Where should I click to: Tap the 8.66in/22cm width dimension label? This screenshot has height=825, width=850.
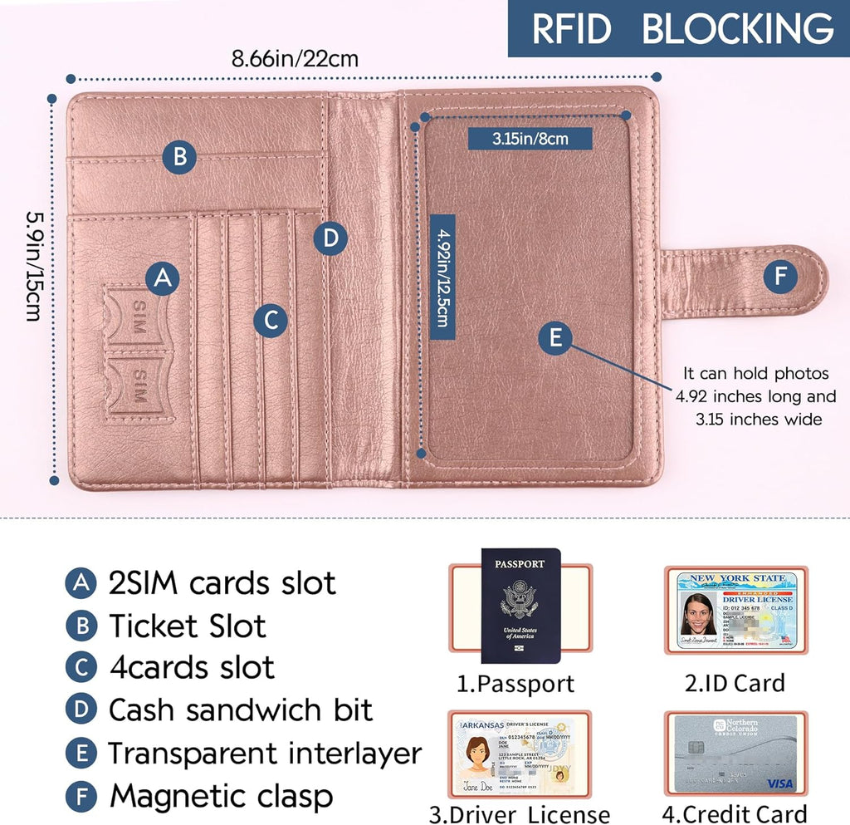(295, 59)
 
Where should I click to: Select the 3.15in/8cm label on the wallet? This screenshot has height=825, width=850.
(530, 138)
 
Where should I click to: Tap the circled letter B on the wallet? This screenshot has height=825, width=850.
(179, 156)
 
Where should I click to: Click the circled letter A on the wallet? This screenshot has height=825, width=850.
(164, 278)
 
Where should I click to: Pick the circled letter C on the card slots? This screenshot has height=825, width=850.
(271, 320)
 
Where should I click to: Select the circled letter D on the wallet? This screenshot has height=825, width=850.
(330, 238)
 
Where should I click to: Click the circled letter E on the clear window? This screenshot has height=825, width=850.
(555, 337)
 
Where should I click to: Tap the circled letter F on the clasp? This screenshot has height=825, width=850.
(779, 277)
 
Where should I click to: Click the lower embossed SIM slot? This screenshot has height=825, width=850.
(137, 384)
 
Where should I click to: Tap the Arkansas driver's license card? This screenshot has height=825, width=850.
(519, 754)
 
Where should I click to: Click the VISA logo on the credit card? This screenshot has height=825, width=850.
(779, 783)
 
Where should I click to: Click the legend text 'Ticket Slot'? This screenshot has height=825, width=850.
(187, 626)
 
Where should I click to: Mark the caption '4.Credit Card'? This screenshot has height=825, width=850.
(735, 814)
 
